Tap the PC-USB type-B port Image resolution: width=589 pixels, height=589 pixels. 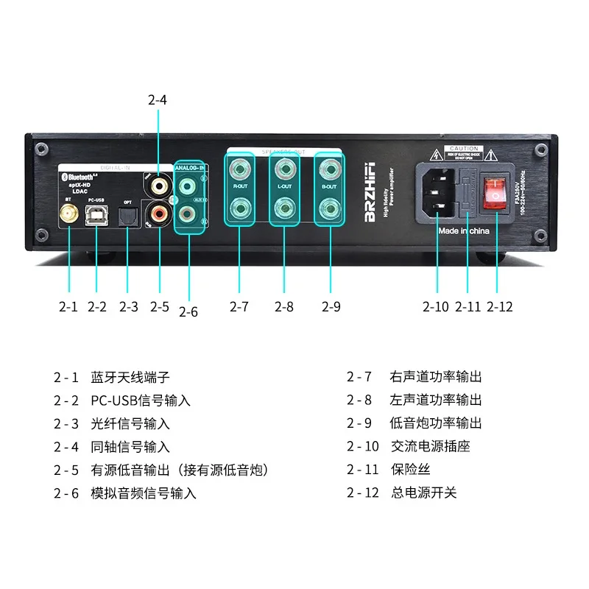click(97, 216)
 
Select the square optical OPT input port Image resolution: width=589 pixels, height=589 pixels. click(127, 216)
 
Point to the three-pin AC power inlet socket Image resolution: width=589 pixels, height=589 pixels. click(437, 194)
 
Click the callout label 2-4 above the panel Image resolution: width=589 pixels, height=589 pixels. click(157, 100)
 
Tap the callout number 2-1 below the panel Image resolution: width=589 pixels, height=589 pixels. click(67, 307)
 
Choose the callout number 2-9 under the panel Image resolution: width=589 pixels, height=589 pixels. click(331, 307)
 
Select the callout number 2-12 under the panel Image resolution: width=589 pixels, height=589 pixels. click(500, 307)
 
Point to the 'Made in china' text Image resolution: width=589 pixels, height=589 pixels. click(464, 230)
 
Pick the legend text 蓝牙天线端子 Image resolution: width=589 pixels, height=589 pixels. click(130, 377)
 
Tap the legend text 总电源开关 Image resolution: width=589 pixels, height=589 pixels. click(423, 493)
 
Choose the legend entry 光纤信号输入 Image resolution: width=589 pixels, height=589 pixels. click(130, 423)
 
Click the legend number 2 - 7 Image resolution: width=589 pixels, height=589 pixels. click(360, 377)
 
